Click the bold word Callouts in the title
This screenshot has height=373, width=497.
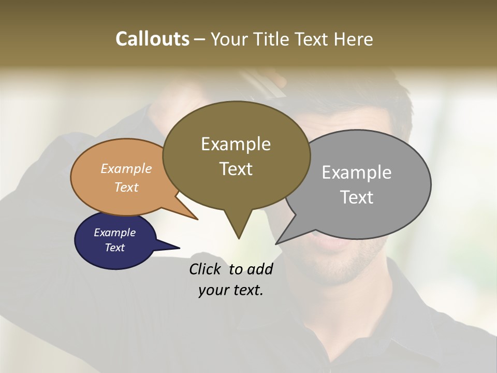[152, 39]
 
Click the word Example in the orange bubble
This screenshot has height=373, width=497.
[126, 168]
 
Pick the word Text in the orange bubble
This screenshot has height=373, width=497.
[126, 187]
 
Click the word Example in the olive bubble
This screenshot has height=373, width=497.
[236, 144]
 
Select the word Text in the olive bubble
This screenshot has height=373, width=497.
[236, 169]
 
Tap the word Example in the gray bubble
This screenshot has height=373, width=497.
[357, 173]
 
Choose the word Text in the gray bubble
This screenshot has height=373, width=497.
[357, 197]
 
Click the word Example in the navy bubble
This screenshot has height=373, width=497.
[114, 233]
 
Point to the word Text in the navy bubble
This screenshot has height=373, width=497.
[114, 248]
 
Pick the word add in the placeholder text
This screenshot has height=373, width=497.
[260, 269]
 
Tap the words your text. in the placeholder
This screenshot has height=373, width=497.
[230, 291]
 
